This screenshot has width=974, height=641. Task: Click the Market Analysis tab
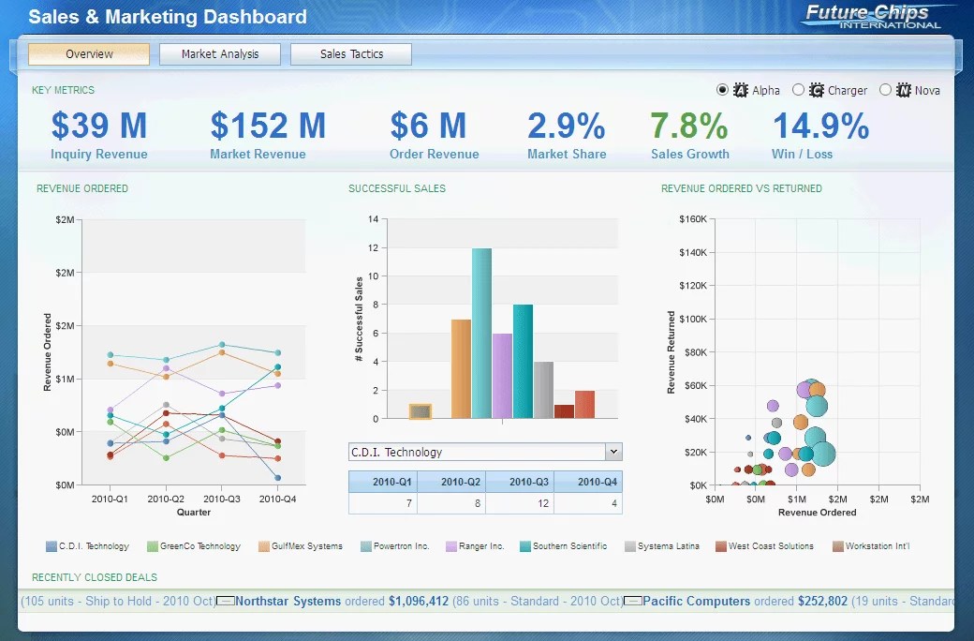tap(219, 54)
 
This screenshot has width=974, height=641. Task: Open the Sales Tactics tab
tap(351, 54)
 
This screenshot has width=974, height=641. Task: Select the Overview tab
tap(89, 54)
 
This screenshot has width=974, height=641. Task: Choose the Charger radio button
tap(798, 90)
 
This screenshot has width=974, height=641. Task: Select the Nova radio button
tap(885, 90)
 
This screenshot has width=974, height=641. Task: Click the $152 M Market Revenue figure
tap(268, 126)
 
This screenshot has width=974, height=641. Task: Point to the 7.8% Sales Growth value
tap(689, 126)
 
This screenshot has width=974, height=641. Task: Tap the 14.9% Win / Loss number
tap(820, 126)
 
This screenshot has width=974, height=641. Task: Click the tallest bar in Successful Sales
tap(481, 333)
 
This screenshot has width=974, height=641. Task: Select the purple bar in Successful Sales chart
tap(502, 375)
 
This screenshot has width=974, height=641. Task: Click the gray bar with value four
tap(543, 389)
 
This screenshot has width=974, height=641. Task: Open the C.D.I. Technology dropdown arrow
tap(613, 452)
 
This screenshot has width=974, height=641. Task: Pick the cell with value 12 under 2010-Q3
tap(519, 504)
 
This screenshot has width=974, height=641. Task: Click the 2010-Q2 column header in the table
tap(451, 482)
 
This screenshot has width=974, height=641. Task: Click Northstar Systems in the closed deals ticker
tap(288, 601)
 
